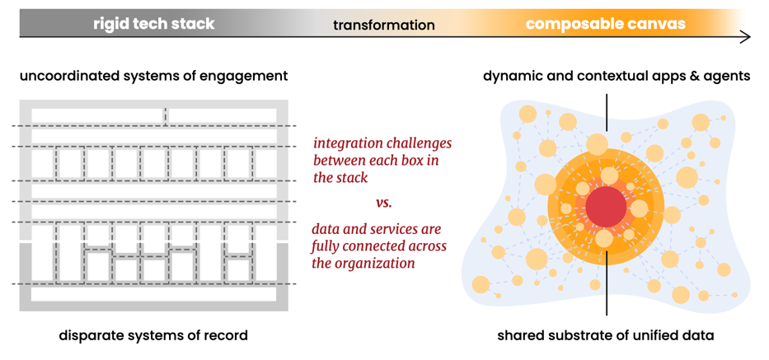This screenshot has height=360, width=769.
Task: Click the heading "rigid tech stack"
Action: (153, 24)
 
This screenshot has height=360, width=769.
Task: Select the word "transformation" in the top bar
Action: (383, 26)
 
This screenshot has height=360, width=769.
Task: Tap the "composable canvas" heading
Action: (605, 24)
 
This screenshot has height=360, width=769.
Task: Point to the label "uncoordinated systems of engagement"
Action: (153, 76)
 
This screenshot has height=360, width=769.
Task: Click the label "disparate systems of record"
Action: (153, 335)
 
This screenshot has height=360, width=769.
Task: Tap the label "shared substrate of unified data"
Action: (605, 335)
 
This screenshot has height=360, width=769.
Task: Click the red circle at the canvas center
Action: (606, 206)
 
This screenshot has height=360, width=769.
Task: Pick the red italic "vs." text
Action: (383, 203)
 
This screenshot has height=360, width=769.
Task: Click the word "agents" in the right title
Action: (728, 76)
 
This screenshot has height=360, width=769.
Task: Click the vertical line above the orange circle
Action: (607, 111)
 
